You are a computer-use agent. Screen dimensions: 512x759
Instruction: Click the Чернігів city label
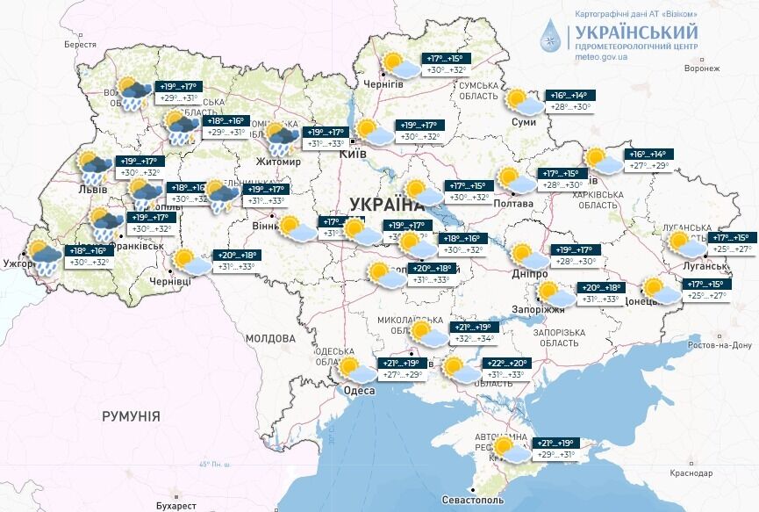coord(383,83)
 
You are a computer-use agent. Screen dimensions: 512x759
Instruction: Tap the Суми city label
coord(523,121)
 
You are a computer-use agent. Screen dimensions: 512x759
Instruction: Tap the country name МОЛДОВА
coord(270,338)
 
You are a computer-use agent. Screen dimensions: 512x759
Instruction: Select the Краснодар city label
coord(691,473)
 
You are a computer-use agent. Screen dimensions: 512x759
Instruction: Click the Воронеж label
coord(701,68)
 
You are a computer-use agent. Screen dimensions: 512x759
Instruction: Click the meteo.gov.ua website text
coord(601,56)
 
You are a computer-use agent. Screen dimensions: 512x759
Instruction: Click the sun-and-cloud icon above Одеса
coord(359,371)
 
